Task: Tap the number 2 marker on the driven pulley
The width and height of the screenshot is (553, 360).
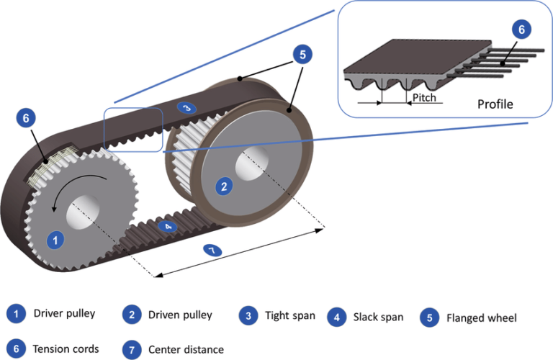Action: click(224, 187)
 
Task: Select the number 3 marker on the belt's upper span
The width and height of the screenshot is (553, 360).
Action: click(186, 108)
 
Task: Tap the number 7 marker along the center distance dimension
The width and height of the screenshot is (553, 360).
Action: click(212, 250)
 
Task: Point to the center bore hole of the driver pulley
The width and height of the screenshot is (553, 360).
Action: click(82, 215)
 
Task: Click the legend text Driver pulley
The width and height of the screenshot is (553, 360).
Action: click(64, 314)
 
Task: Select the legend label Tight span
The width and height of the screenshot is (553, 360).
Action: click(289, 315)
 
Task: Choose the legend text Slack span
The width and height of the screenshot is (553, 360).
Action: click(378, 317)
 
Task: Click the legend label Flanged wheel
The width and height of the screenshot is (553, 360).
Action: click(481, 318)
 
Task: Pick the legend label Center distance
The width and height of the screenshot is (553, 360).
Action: click(186, 349)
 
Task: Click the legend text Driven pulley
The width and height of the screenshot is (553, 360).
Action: click(180, 315)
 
